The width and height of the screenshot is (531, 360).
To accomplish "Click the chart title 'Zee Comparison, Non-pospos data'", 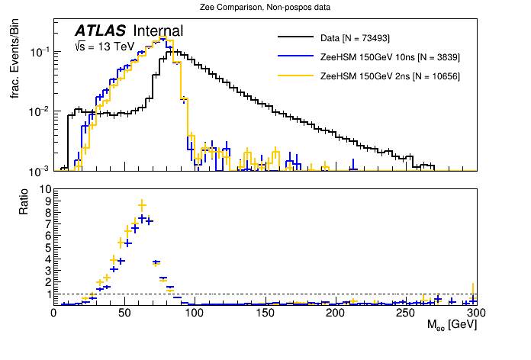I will click(265, 8).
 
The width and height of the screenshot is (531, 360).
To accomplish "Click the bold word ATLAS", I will click(100, 31).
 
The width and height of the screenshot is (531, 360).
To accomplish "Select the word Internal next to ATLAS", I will click(158, 31).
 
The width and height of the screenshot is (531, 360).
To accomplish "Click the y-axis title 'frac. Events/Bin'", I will click(14, 67).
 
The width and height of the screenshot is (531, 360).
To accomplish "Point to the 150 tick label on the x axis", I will click(265, 313).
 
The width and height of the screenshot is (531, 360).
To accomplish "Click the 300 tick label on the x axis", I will click(475, 313).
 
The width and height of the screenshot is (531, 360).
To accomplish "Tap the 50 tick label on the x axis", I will click(124, 313).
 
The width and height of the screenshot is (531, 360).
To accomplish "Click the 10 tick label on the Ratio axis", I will click(44, 189).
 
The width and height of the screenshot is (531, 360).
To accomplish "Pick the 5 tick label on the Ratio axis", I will click(47, 247).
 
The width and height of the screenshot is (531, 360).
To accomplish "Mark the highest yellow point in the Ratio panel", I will click(142, 204).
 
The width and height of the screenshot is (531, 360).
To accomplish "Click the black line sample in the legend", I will click(295, 37).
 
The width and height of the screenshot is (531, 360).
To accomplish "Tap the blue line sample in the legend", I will click(295, 56).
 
